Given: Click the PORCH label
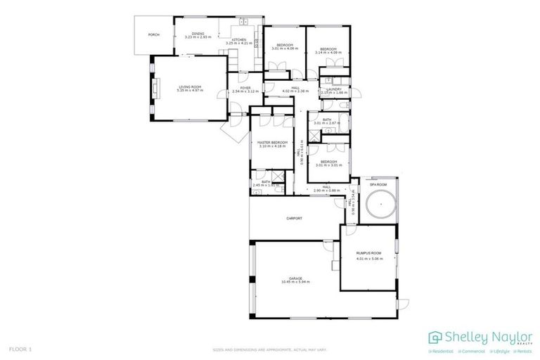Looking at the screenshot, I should pyautogui.click(x=153, y=34).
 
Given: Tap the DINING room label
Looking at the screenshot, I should pyautogui.click(x=198, y=33).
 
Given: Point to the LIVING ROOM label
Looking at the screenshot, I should pyautogui.click(x=190, y=86).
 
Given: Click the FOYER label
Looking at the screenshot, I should pyautogui.click(x=245, y=88).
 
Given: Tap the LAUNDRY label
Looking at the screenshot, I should pyautogui.click(x=333, y=89).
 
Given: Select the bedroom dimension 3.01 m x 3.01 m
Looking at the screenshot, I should pyautogui.click(x=329, y=165).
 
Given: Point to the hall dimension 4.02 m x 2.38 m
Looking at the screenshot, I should pyautogui.click(x=295, y=91).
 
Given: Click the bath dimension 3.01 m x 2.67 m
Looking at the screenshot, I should pyautogui.click(x=327, y=123).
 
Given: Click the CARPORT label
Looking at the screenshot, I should pyautogui.click(x=294, y=219).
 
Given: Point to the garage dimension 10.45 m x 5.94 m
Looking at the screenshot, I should pyautogui.click(x=295, y=281).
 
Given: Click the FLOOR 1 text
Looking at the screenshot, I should pyautogui.click(x=20, y=349).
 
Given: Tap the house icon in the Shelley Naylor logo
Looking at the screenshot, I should pyautogui.click(x=435, y=337).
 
